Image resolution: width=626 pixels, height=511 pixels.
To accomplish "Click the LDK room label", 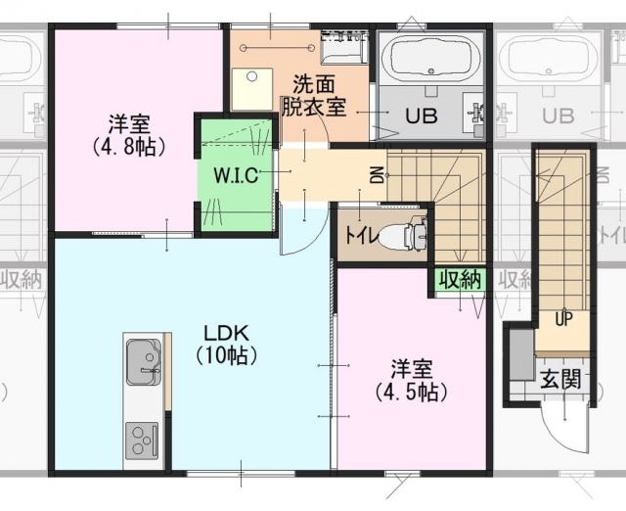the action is click(x=226, y=332).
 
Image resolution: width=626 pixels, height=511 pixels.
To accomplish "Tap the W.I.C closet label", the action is click(x=237, y=175).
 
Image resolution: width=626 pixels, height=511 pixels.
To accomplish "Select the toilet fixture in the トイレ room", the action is click(x=401, y=235).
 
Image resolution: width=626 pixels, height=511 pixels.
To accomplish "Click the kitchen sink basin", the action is click(x=144, y=362).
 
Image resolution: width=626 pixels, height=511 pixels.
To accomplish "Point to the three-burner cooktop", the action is click(x=142, y=441).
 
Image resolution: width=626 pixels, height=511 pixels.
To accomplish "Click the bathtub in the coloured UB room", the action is click(x=430, y=60).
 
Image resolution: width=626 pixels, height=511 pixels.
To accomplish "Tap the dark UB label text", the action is click(x=422, y=116).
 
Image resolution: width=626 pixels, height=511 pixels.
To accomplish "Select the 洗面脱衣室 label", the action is click(x=313, y=96).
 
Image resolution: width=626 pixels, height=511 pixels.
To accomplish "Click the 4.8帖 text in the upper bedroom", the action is click(x=129, y=147).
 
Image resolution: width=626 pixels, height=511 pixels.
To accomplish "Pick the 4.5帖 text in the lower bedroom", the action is click(x=411, y=393).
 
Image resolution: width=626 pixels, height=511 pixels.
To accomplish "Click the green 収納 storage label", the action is click(x=460, y=280).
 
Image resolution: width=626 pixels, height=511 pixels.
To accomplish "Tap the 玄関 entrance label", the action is click(x=560, y=380).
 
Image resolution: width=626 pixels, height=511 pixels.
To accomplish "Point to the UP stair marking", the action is click(x=563, y=319).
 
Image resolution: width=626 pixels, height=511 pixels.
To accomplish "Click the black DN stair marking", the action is click(x=379, y=174).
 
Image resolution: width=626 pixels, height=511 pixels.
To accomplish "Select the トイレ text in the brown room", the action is click(x=360, y=236).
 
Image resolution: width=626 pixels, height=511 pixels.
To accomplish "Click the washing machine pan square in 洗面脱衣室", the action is click(x=252, y=89).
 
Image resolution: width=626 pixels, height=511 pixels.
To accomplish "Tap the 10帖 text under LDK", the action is click(x=226, y=354).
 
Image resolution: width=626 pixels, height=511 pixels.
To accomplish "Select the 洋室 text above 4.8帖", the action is click(x=129, y=124).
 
